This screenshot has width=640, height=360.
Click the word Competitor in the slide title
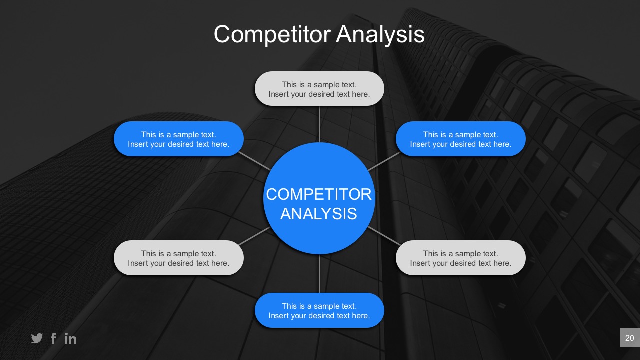[x=272, y=35]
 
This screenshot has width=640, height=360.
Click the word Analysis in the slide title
[x=380, y=35]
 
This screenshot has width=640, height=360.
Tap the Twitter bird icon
[x=37, y=338]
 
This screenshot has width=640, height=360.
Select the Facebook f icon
[x=53, y=338]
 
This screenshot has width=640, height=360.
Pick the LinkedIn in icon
[x=70, y=338]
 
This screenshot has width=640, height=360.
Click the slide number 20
[x=629, y=338]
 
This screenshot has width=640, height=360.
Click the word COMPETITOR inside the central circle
[x=319, y=194]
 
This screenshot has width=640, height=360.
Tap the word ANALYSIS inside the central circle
[x=319, y=214]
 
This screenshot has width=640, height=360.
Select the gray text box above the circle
[x=319, y=89]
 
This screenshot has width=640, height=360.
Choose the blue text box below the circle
[x=319, y=310]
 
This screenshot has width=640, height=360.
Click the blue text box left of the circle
[x=179, y=139]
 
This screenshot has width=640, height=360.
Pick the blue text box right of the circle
[x=461, y=139]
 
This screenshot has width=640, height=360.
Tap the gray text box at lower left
[x=179, y=258]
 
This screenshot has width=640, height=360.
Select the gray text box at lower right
[x=461, y=258]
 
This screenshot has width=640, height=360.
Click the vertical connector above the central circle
[x=319, y=124]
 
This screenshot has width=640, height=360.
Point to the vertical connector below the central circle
[x=319, y=273]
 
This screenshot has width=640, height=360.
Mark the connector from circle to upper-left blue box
[x=254, y=161]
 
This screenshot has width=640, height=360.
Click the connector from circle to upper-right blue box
[x=384, y=161]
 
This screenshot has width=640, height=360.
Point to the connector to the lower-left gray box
[x=254, y=236]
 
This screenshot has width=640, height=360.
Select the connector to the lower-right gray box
[x=384, y=236]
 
